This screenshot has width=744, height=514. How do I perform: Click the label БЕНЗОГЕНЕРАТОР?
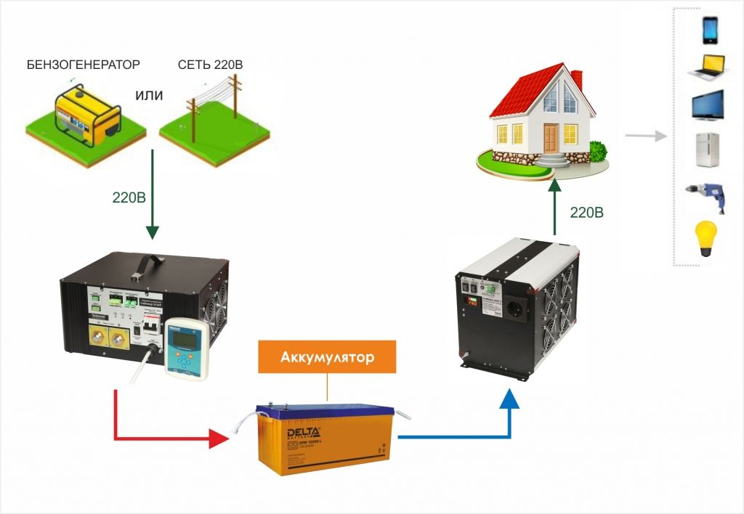(83, 65)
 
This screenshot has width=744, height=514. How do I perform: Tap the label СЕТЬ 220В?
(210, 65)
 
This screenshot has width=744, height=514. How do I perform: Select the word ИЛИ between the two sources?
(149, 96)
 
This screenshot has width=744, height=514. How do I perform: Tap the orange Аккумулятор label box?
(327, 359)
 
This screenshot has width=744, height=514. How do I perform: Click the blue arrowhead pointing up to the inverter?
(511, 396)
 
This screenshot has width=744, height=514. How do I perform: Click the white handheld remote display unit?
(187, 347)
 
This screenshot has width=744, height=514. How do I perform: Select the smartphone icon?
(709, 30)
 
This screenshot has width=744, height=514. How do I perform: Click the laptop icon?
(708, 67)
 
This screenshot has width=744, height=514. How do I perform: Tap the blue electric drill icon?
(708, 197)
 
